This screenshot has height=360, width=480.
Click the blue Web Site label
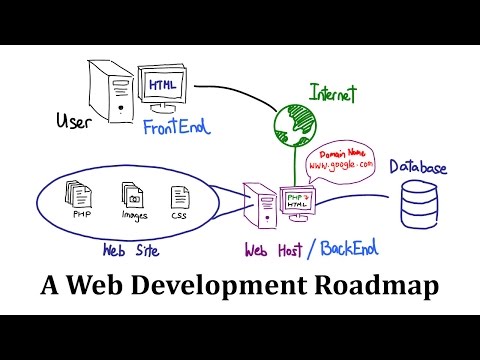click(131, 248)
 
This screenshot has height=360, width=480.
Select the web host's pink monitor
click(297, 201)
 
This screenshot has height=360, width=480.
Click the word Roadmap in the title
click(380, 287)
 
